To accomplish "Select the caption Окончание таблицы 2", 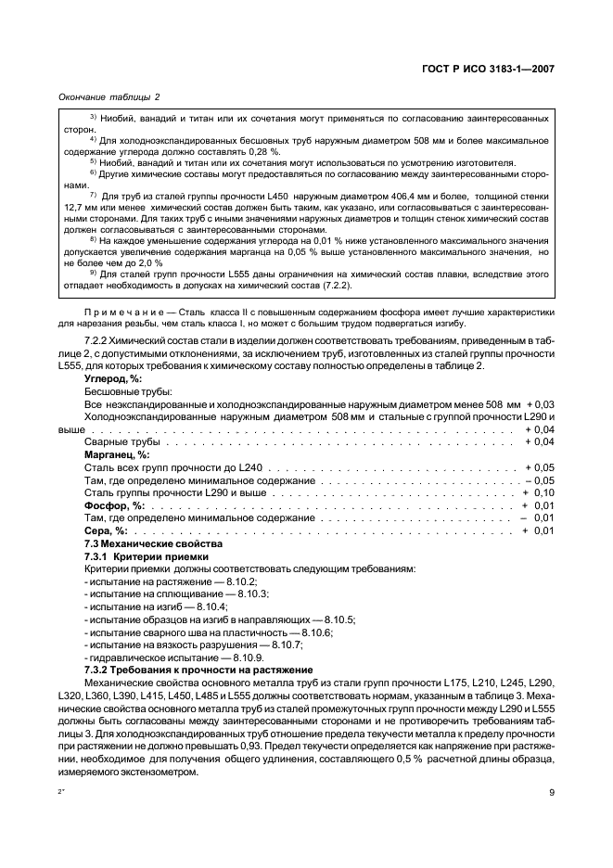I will pyautogui.click(x=109, y=96).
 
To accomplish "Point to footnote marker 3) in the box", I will pyautogui.click(x=94, y=117).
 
